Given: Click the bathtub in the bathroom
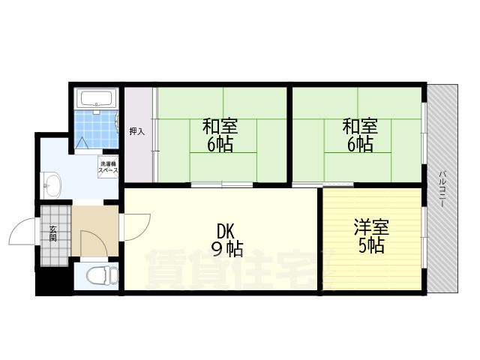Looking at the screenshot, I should (95, 99).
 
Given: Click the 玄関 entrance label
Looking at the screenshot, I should (53, 233).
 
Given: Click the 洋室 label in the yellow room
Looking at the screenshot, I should (371, 226).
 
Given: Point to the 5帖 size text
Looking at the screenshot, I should (371, 245).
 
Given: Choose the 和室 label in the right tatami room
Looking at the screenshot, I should (359, 124).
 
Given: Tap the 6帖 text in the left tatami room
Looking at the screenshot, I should (220, 144).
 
